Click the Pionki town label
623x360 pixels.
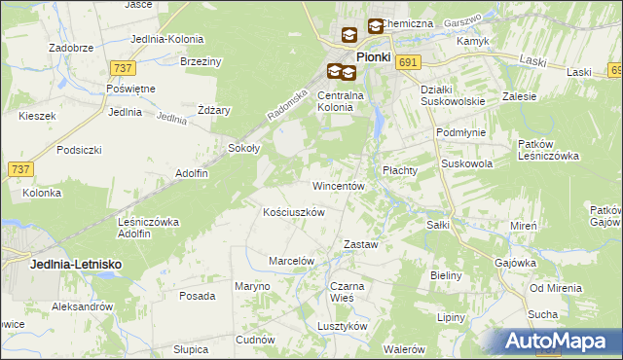(x=374, y=57)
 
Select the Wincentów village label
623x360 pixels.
(x=338, y=185)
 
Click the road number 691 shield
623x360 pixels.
(x=408, y=61)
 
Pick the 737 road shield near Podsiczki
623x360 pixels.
(x=20, y=169)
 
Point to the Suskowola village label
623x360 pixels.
(x=466, y=164)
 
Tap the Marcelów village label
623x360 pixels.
(x=291, y=261)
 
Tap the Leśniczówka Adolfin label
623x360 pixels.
(x=148, y=228)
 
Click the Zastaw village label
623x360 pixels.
(x=360, y=244)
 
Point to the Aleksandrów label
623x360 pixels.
(x=82, y=306)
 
